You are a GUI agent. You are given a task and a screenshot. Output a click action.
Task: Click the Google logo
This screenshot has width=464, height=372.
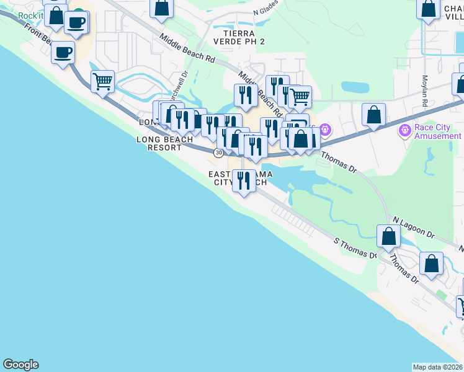pyautogui.click(x=20, y=365)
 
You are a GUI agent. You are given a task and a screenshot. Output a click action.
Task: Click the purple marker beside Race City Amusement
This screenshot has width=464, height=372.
pyautogui.click(x=404, y=131)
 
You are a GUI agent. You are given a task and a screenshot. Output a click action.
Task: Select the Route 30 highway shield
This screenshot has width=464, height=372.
pyautogui.click(x=218, y=152)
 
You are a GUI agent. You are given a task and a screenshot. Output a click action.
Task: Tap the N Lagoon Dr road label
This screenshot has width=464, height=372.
pyautogui.click(x=414, y=226)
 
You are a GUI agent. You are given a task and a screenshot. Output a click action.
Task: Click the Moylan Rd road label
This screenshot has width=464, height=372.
pyautogui.click(x=426, y=91)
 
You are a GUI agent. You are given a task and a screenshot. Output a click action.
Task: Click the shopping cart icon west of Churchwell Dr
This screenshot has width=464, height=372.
pyautogui.click(x=102, y=81)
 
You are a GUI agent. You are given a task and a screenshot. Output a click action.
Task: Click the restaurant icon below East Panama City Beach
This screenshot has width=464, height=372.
pyautogui.click(x=243, y=180)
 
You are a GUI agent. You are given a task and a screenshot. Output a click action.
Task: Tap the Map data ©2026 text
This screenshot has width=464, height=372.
pyautogui.click(x=437, y=367)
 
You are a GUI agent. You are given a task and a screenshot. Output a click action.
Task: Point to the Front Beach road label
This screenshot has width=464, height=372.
pyautogui.click(x=38, y=34)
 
